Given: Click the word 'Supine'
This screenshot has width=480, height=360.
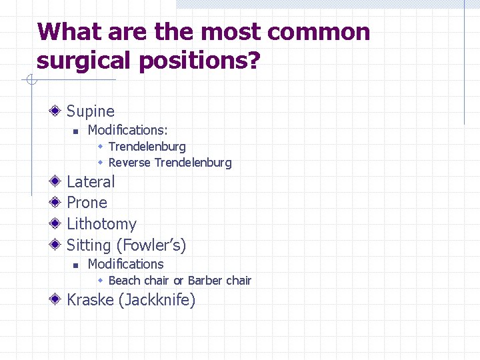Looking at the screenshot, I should point(91,111).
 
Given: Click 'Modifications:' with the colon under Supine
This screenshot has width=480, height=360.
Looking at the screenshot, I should point(127,130).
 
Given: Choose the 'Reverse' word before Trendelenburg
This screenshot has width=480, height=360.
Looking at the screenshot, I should point(129,163).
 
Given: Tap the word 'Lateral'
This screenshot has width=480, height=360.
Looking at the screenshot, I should point(91,181).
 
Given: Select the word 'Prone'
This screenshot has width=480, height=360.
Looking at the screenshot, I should point(87,203).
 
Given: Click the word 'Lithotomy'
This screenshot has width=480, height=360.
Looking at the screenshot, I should point(101,224).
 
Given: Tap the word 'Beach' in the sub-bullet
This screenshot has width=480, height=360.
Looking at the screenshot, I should point(125,281).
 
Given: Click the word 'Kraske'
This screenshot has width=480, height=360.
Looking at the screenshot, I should point(90,300).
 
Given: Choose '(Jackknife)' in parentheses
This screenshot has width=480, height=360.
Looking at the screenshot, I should point(157,300).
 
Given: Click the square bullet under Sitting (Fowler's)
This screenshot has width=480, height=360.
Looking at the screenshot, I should point(77,265).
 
